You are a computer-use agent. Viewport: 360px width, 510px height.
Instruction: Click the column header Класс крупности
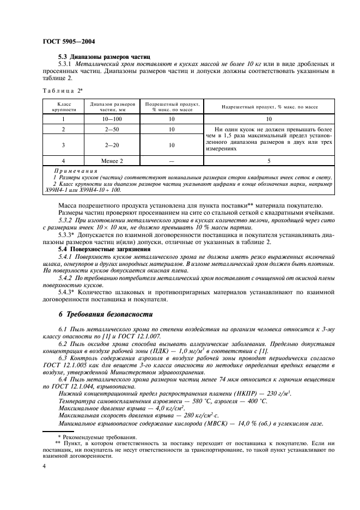pyautogui.click(x=63, y=106)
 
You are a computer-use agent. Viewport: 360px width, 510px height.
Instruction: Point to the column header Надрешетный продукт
pyautogui.click(x=269, y=106)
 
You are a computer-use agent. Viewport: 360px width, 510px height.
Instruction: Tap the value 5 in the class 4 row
pyautogui.click(x=269, y=161)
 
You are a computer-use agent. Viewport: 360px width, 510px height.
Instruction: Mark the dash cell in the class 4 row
pyautogui.click(x=171, y=161)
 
